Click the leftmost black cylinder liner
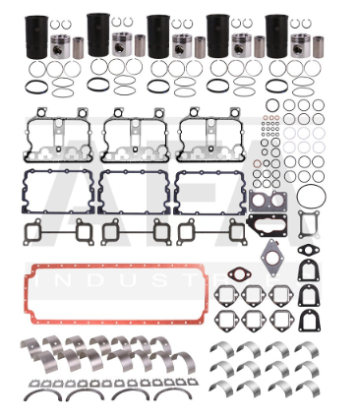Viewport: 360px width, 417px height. click(39, 36)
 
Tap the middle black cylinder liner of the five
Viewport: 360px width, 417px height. click(158, 36)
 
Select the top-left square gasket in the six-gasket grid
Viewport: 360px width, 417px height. click(228, 294)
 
